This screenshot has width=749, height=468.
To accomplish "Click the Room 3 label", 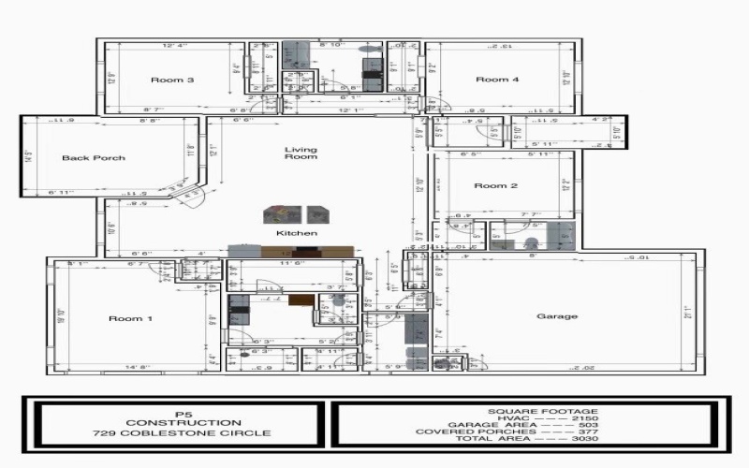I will (x=172, y=80).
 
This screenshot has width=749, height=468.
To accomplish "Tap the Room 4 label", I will (x=497, y=80).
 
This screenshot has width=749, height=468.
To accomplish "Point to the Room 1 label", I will (x=130, y=319).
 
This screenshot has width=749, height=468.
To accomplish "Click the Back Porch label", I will (x=94, y=158).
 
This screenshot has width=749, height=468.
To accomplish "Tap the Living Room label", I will (x=301, y=154).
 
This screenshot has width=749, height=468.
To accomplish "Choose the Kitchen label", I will (x=296, y=233).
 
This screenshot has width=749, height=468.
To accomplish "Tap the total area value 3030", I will (x=584, y=440).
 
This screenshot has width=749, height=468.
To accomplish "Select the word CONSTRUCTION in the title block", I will (x=183, y=422).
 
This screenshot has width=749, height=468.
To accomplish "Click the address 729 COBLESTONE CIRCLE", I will (x=182, y=433).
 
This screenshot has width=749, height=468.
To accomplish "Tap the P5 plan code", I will (x=182, y=412).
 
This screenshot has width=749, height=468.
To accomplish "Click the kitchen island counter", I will (x=291, y=252).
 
